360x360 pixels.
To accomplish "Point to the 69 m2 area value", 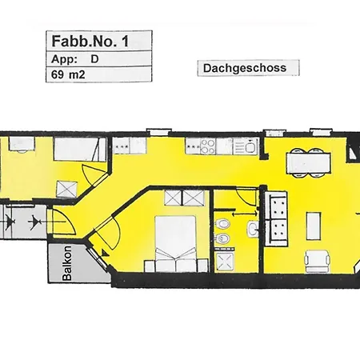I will tap(68, 76).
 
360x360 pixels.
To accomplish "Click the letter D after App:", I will tap(95, 59).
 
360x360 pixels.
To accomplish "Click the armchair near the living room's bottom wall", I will tap(317, 259).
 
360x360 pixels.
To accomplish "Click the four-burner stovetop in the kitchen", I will tap(207, 146).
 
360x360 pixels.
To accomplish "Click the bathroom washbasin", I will tap(253, 230).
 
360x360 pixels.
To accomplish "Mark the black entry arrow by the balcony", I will tap(34, 218).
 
